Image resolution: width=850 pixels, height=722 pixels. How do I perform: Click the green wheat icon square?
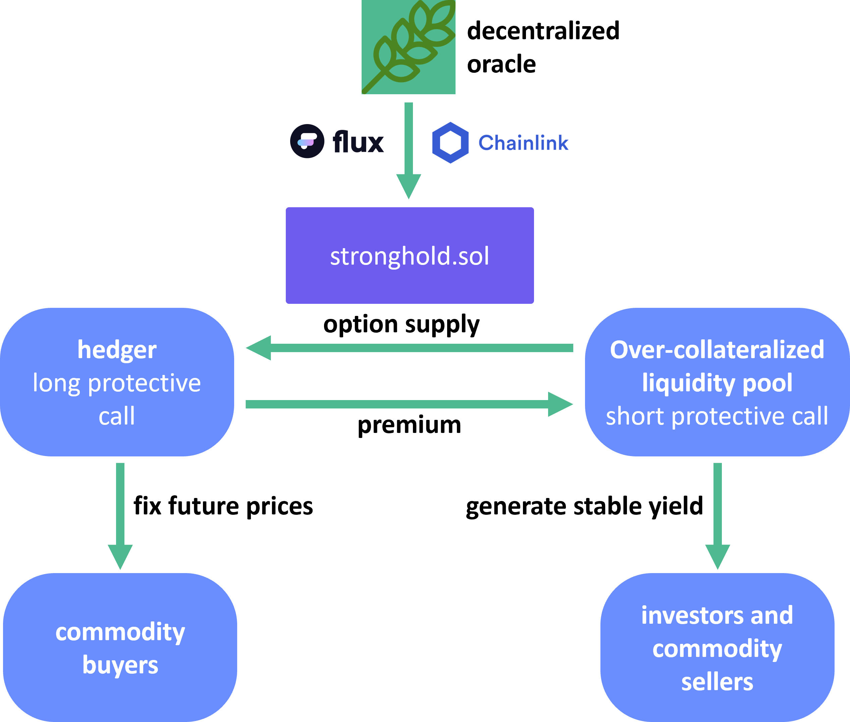point(408,47)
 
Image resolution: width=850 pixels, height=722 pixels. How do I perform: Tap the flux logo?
point(337,141)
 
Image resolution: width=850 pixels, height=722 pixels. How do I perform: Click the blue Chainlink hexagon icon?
point(450,143)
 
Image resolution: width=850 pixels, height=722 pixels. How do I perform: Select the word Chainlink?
point(523,143)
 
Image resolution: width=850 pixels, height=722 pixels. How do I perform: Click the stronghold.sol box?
point(410,256)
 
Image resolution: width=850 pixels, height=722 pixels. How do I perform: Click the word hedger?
point(117,350)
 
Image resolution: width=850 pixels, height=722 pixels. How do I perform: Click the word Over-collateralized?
point(717,350)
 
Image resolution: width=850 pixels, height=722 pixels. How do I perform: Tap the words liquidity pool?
point(717,383)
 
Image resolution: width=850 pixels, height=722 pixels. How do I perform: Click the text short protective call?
point(717,416)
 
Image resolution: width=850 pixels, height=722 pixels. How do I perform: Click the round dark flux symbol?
point(307,141)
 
